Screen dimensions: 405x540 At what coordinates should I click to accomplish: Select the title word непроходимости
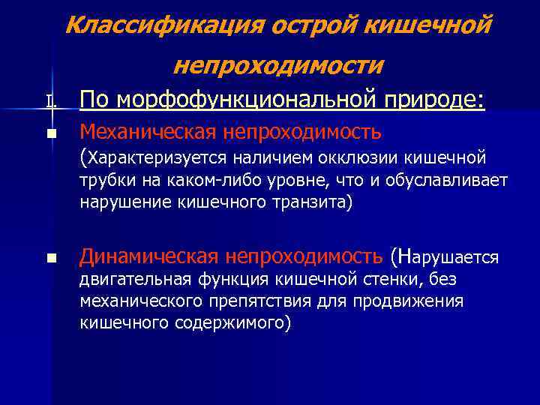point(278,67)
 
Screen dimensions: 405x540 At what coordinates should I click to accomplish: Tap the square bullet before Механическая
point(50,135)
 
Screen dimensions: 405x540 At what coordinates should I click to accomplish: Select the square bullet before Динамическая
point(50,259)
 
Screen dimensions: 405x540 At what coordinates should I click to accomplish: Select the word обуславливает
point(447,181)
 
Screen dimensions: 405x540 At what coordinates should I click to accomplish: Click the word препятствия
point(259,301)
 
